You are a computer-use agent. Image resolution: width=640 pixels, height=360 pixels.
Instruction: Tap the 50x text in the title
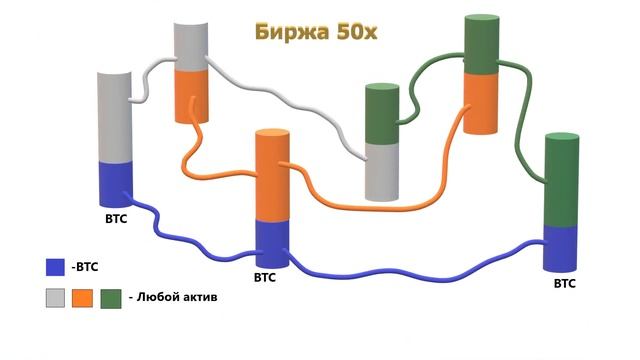pos(357,31)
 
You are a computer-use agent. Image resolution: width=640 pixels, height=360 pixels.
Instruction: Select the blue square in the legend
pos(56,267)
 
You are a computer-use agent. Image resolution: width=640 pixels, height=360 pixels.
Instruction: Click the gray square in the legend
pos(56,297)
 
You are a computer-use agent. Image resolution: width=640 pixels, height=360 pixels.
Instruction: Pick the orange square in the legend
pos(83,297)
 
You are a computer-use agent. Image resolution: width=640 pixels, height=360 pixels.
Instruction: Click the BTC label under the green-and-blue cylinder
pos(564,284)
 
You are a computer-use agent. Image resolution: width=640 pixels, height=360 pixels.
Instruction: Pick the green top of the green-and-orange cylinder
pos(481,47)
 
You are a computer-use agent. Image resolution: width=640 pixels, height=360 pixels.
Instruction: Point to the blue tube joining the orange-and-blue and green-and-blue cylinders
pos(420,273)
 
